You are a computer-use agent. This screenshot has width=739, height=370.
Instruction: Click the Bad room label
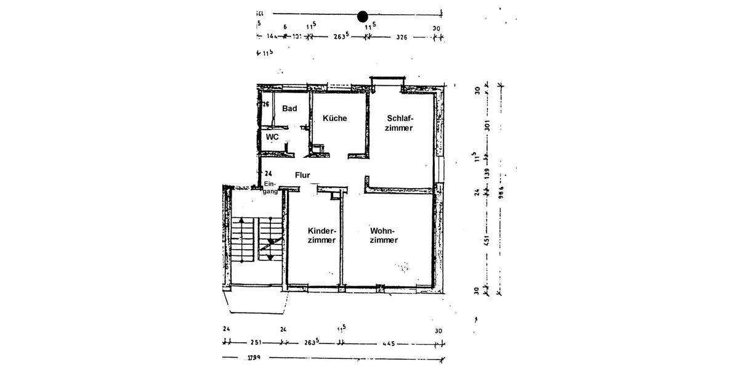(x=289, y=109)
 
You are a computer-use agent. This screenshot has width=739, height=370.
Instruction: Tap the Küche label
(x=334, y=118)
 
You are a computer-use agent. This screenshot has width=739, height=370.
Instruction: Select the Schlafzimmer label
(x=400, y=123)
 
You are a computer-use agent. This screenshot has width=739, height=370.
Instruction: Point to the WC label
(x=272, y=136)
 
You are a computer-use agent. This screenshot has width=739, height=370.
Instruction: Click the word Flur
(x=302, y=175)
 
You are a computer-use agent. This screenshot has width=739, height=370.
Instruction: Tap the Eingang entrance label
(x=270, y=188)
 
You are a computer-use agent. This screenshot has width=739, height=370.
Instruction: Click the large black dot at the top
(x=363, y=15)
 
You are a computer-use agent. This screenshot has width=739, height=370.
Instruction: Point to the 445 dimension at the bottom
(x=388, y=343)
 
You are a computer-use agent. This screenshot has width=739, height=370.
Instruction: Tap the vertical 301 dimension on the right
(x=487, y=126)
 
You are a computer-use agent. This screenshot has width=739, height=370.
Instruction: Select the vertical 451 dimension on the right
(x=487, y=239)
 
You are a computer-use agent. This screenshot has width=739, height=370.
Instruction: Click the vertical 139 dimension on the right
(x=487, y=175)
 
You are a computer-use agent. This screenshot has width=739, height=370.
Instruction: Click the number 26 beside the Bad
(x=266, y=105)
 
